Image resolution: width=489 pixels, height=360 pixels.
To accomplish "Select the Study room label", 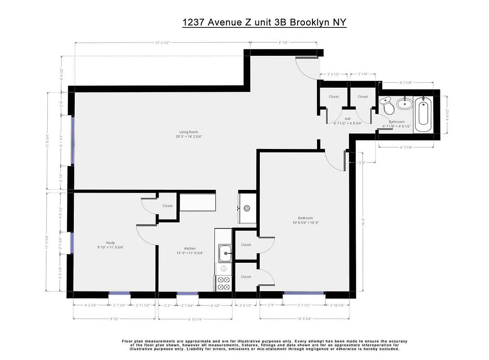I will click(110, 243).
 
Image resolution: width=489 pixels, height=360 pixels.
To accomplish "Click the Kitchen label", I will click(190, 248).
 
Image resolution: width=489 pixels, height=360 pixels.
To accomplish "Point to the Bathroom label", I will click(396, 121).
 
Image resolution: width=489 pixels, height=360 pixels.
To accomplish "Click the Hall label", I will click(348, 119).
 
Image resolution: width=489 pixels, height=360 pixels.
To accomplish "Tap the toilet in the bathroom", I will click(387, 106).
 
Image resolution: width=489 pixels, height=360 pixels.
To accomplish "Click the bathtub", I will click(423, 113).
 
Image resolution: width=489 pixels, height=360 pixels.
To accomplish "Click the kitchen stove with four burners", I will click(224, 283).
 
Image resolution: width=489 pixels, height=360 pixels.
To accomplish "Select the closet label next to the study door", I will click(168, 206).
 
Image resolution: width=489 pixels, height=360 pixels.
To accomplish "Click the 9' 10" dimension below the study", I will click(115, 319).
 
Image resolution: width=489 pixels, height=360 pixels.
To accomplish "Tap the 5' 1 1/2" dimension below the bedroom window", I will click(304, 306).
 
